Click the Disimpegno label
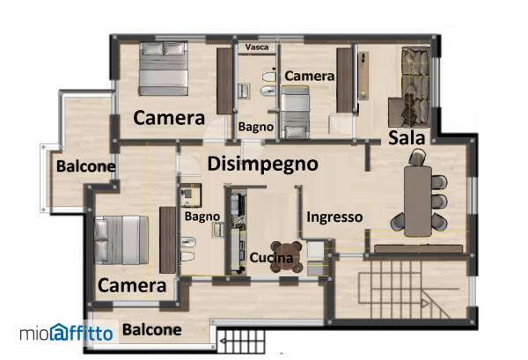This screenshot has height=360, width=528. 262,165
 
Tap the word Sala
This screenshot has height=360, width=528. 407,137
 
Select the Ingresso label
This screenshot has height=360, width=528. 334,217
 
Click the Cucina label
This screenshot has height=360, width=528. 271,258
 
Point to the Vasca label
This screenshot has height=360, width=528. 257,48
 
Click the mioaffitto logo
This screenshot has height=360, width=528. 66,333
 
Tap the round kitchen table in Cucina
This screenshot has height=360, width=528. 287,257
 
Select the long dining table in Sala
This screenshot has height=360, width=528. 417,201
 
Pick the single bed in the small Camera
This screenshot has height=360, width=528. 295,113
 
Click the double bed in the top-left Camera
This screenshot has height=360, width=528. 164,69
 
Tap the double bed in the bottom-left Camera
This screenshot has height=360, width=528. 121,239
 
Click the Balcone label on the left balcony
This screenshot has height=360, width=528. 86,166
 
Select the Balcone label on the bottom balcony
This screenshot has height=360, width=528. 152,330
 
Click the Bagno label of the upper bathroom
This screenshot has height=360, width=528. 256,127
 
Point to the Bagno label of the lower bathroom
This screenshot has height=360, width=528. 202,217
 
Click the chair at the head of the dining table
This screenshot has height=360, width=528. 417,158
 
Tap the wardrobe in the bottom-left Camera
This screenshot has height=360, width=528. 168,239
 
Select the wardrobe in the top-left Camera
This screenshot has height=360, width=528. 224,81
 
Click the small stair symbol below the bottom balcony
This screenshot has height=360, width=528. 240,342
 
